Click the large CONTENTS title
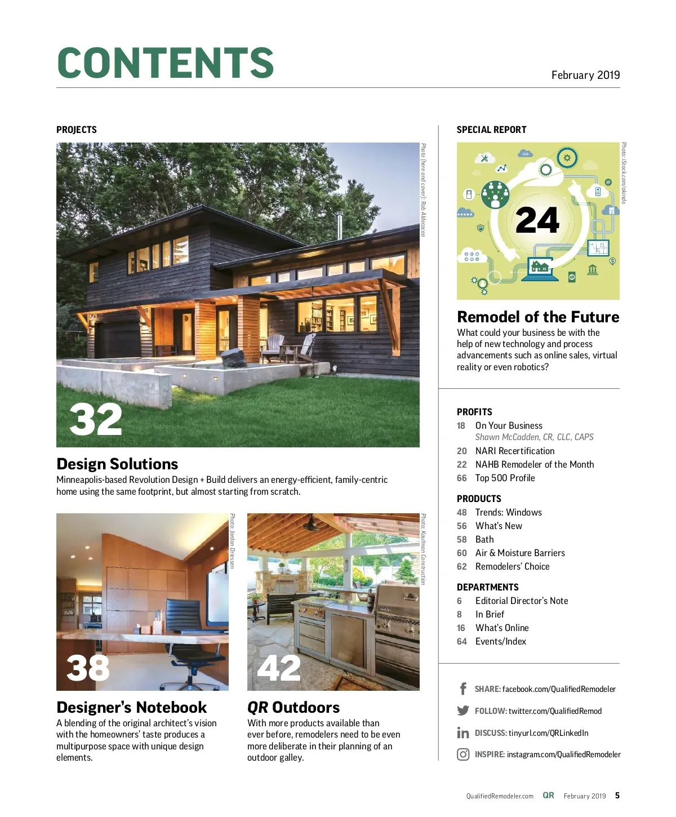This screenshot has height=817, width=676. tap(165, 63)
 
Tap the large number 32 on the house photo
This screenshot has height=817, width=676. tap(96, 419)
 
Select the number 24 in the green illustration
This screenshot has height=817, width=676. tap(537, 220)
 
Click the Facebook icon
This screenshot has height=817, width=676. tap(463, 689)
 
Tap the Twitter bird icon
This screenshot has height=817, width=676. tap(463, 711)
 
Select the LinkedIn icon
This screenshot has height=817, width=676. tap(463, 732)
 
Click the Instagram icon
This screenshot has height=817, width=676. tap(463, 754)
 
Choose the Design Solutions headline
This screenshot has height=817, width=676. tap(117, 464)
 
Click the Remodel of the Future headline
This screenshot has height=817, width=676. tap(538, 317)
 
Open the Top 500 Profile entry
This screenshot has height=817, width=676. tap(505, 478)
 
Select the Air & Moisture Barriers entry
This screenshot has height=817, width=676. tap(519, 553)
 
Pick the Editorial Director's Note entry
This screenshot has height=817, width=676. tap(521, 601)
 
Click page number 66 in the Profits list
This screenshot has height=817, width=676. tap(462, 478)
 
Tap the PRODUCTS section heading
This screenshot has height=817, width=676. tap(479, 499)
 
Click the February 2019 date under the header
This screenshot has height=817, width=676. tap(585, 75)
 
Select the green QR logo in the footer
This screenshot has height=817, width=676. tap(548, 795)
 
